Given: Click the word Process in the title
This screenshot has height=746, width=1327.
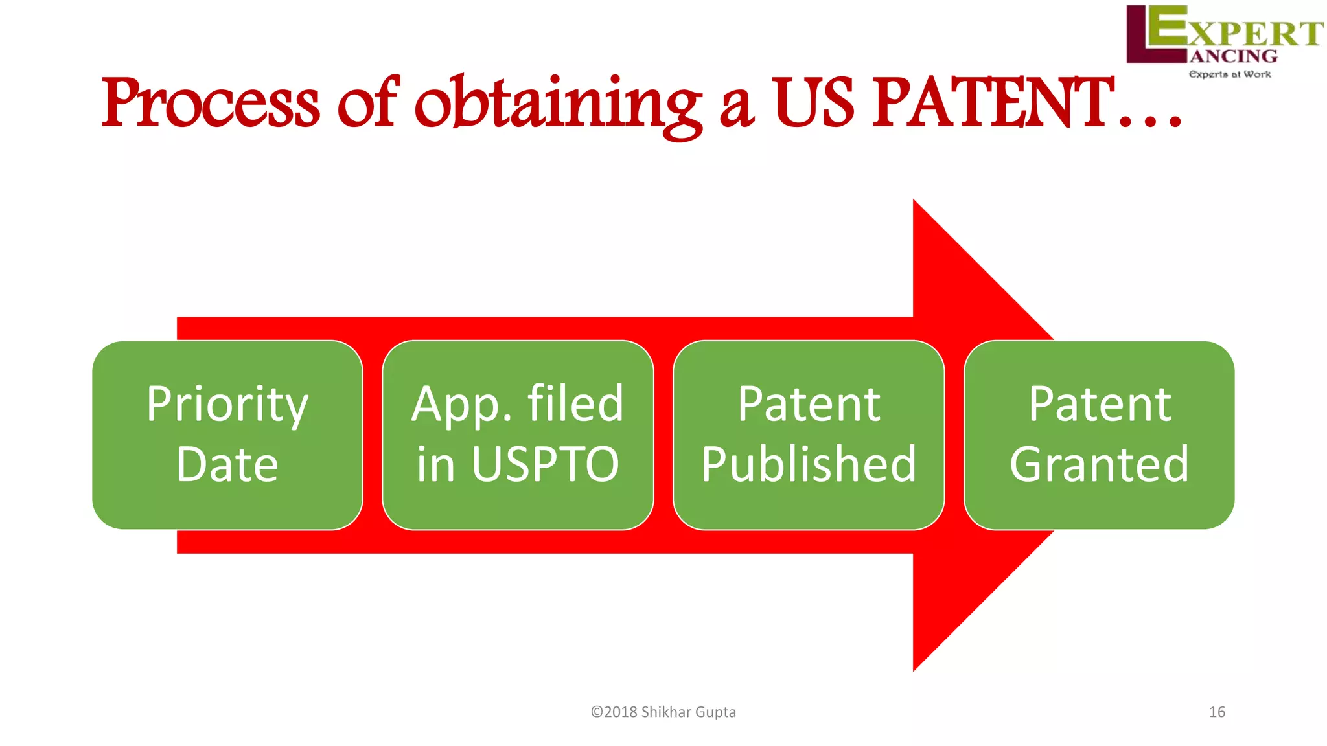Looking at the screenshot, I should click(x=211, y=104).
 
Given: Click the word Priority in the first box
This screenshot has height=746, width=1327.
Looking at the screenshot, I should click(x=227, y=405).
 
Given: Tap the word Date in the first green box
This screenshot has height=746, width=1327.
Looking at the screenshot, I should click(x=227, y=464).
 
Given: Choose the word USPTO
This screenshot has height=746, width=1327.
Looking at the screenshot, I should click(x=545, y=464).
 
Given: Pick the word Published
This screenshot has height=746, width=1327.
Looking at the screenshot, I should click(x=809, y=464).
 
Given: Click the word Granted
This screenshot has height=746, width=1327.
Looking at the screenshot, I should click(x=1099, y=464).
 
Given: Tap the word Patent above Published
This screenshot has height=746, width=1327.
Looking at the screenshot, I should click(x=809, y=405).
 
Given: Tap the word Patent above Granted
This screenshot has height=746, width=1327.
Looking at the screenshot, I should click(x=1099, y=405).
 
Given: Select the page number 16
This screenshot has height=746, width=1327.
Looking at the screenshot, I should click(x=1217, y=712).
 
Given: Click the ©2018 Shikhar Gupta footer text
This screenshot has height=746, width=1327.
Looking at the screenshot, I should click(x=663, y=712).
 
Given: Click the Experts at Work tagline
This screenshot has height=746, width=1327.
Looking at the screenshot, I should click(x=1229, y=74).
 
